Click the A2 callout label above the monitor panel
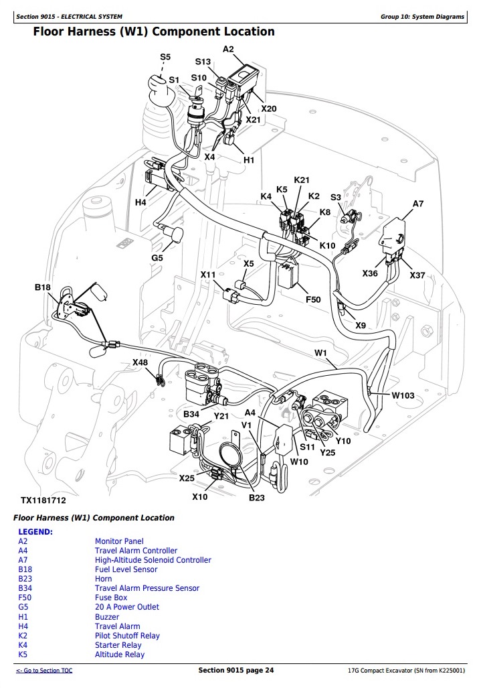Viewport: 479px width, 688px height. [x=228, y=49]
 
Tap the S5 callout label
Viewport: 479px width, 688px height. [x=165, y=58]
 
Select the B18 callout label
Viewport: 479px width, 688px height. [x=43, y=287]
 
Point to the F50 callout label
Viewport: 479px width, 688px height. [x=314, y=299]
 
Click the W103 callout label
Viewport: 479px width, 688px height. [x=403, y=395]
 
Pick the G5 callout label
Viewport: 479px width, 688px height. [x=157, y=257]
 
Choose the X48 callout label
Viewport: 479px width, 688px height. [x=140, y=362]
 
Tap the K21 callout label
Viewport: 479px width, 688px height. [x=302, y=180]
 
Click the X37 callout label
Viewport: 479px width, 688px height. [x=417, y=275]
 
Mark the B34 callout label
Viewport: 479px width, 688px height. [x=191, y=415]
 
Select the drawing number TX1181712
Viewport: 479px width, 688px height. [x=43, y=500]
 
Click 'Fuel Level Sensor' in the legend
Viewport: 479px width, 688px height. [x=126, y=569]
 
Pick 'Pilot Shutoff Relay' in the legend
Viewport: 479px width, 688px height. [x=127, y=636]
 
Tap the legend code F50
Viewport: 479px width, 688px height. [x=25, y=598]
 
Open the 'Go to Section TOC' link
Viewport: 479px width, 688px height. [x=44, y=671]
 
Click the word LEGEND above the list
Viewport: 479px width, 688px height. [x=35, y=531]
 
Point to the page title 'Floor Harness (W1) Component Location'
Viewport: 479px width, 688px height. [x=154, y=31]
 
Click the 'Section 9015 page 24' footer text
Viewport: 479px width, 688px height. [x=236, y=671]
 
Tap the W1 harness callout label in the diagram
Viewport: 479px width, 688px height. [x=320, y=353]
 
